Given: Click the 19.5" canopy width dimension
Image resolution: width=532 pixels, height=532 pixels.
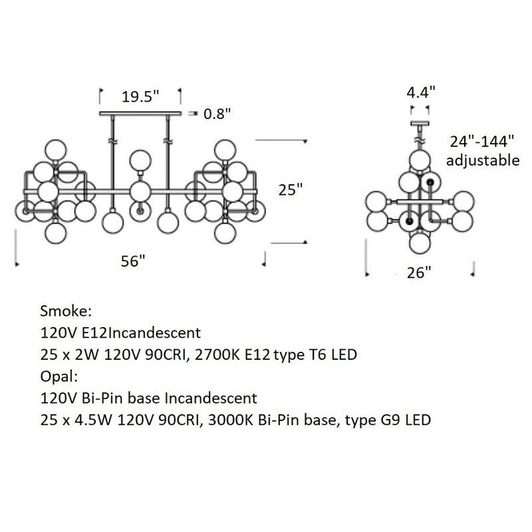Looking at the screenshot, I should [x=140, y=96].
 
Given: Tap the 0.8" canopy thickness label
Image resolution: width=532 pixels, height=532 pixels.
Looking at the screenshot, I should [x=217, y=114].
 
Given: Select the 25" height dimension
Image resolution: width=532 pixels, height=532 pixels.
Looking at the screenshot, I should [x=291, y=190].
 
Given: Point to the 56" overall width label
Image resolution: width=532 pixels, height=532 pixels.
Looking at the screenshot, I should [x=133, y=261].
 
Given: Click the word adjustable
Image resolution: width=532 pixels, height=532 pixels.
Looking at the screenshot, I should [x=482, y=160].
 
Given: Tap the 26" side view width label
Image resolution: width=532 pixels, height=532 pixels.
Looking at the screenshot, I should [x=420, y=271].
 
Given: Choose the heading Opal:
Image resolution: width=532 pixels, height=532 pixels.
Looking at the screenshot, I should [x=59, y=376].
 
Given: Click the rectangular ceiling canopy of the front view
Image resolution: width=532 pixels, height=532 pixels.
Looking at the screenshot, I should [x=140, y=114].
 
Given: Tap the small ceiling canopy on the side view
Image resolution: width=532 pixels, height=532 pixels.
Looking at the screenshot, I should [x=420, y=124].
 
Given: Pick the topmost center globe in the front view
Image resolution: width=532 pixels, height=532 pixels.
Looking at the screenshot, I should [x=140, y=160].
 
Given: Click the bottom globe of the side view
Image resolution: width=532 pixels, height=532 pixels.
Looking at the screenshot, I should [x=420, y=243].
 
